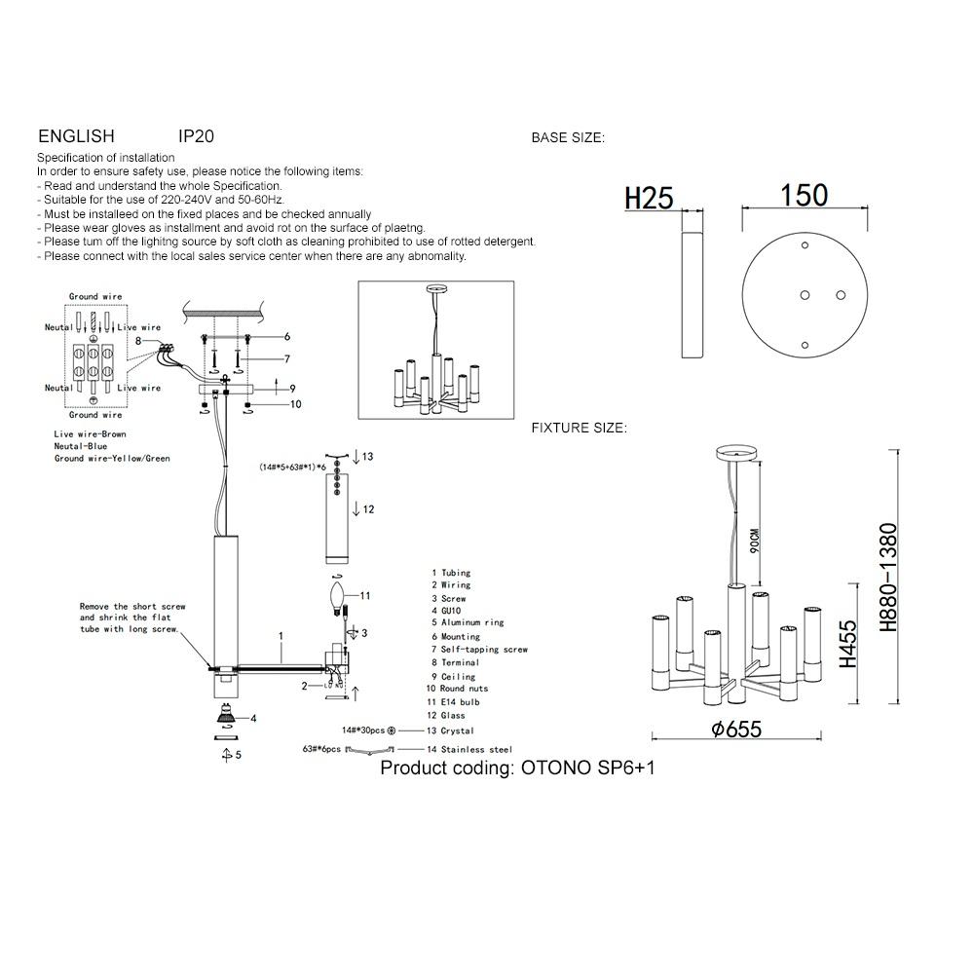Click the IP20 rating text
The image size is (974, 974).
click(196, 137)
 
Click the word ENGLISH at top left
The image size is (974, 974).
click(76, 137)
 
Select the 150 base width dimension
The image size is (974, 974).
click(804, 196)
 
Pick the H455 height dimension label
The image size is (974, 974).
click(848, 645)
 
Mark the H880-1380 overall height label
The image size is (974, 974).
click(888, 577)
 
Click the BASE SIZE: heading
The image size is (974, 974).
click(568, 138)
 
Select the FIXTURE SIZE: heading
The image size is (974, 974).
click(579, 429)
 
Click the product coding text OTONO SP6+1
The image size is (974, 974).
click(517, 768)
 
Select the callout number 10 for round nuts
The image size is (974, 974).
click(296, 404)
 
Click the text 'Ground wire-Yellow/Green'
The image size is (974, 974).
click(112, 458)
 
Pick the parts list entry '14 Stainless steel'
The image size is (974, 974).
click(469, 750)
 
